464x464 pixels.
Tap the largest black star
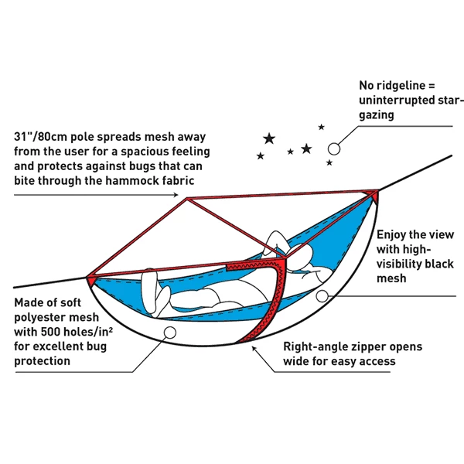pyautogui.click(x=269, y=138)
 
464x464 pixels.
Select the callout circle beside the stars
pyautogui.click(x=334, y=147)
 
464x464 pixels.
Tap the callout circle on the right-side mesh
pyautogui.click(x=333, y=295)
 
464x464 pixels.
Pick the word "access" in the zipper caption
pyautogui.click(x=377, y=361)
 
